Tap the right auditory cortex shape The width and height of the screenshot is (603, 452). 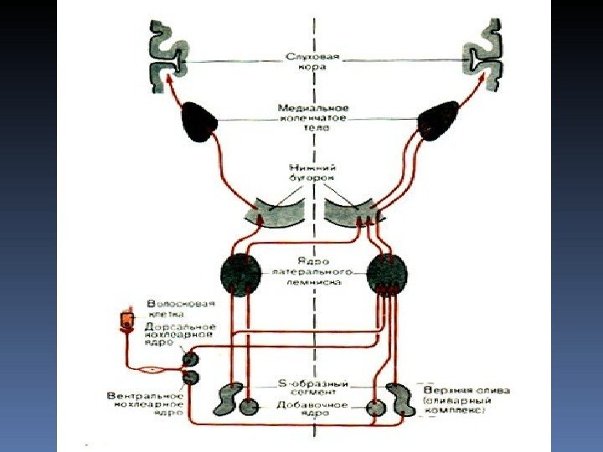(x=483, y=53)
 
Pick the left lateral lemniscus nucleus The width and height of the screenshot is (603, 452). (x=241, y=274)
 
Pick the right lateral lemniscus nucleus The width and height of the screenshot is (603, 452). (x=386, y=274)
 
